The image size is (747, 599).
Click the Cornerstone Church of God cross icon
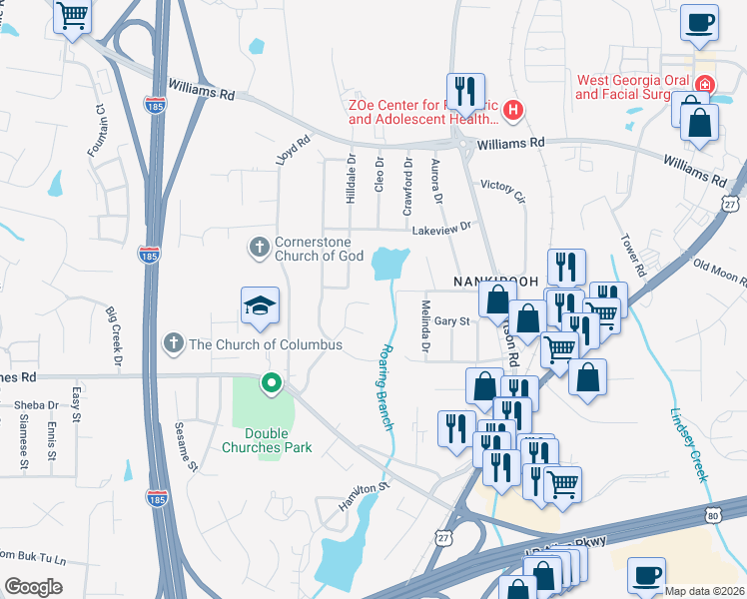(259, 246)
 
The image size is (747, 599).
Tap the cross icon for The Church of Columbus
(174, 344)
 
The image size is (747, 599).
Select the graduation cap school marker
(259, 305)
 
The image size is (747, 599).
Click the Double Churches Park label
(267, 440)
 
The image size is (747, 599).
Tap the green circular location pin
(271, 382)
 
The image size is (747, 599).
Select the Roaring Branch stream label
(386, 387)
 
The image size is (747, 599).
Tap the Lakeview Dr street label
(440, 231)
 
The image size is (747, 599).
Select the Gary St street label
(451, 321)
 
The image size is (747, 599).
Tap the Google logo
(33, 586)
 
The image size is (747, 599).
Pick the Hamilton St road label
(362, 496)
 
